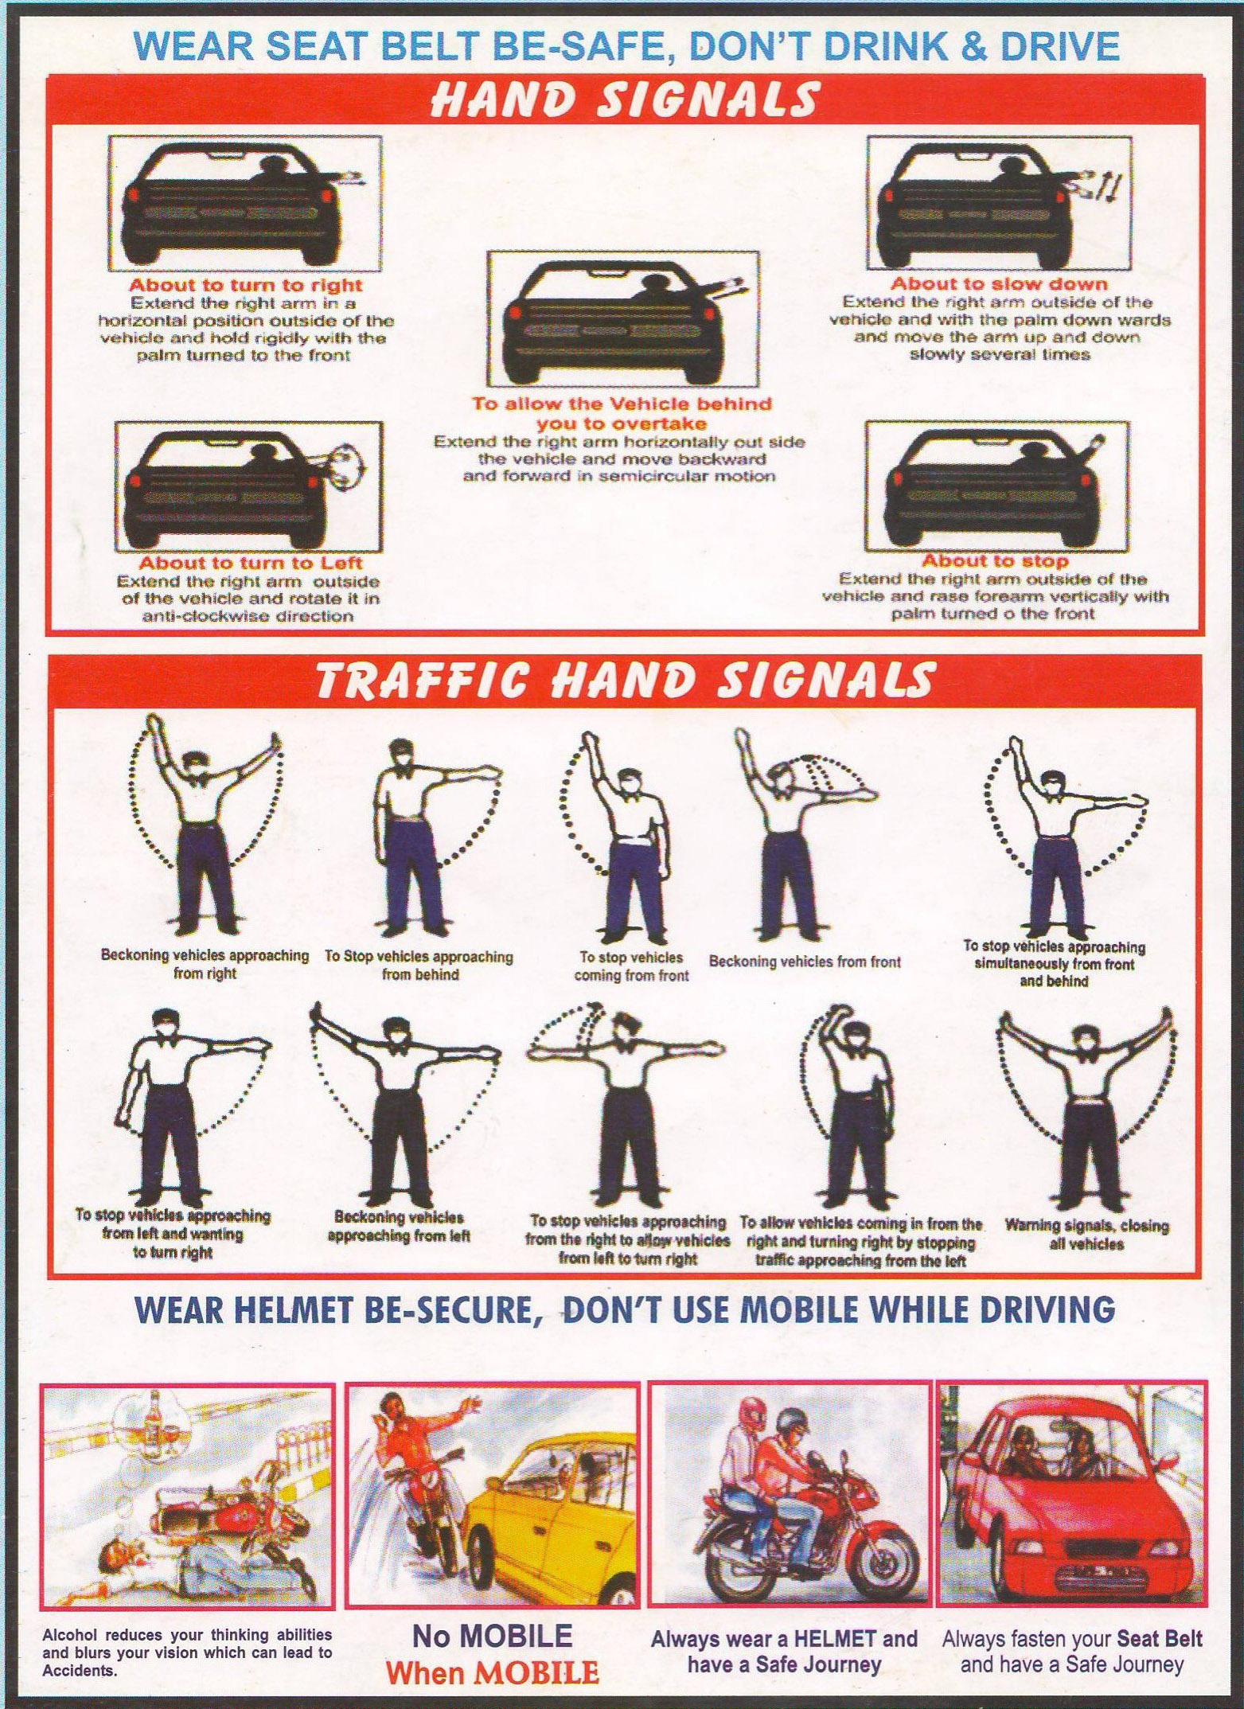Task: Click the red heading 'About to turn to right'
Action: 245,285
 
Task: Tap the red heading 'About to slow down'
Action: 999,283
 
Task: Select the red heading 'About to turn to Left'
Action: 252,564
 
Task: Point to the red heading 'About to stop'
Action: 995,561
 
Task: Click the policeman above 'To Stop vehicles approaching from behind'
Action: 430,836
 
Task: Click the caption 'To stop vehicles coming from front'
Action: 631,966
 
